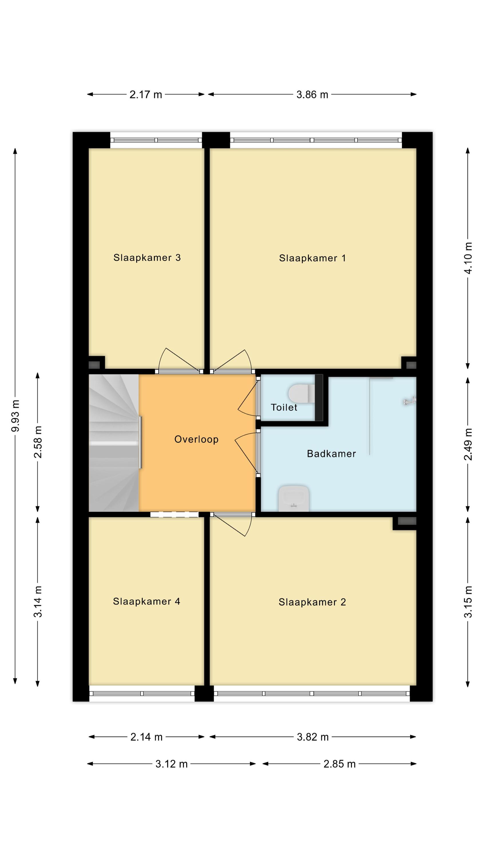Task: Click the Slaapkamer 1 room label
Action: click(312, 258)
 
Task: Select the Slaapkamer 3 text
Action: click(147, 257)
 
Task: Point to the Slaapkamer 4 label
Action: click(147, 601)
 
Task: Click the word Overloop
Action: click(196, 439)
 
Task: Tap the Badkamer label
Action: click(331, 454)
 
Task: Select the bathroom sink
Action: click(294, 498)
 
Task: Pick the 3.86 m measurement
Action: click(312, 95)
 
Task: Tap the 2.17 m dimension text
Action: click(146, 95)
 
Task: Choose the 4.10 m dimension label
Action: click(468, 258)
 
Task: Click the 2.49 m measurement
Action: click(468, 444)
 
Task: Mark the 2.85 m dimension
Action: click(339, 764)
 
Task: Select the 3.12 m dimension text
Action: click(171, 764)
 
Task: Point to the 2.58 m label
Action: click(38, 442)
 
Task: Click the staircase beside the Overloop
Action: click(114, 443)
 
